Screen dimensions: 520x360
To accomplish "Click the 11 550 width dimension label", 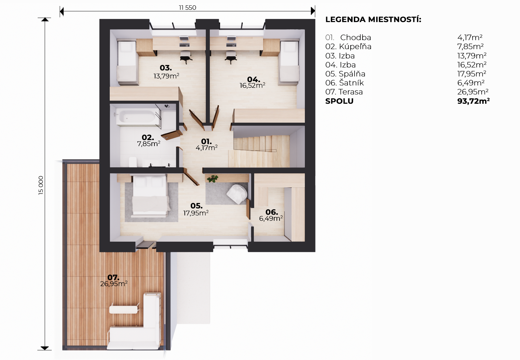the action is [x=187, y=8].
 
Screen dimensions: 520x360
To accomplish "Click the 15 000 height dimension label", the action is [x=41, y=185].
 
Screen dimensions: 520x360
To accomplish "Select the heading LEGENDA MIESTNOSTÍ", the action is [x=373, y=19].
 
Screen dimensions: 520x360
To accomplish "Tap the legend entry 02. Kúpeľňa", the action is [x=348, y=47].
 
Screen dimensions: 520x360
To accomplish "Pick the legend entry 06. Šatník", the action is [x=345, y=83].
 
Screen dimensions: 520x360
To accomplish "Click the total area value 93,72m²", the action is [x=473, y=101].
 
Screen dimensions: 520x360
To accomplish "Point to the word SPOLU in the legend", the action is [x=340, y=101].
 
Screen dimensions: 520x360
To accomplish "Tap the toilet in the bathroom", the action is [x=133, y=162].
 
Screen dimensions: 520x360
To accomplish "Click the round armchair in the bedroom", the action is [x=237, y=194].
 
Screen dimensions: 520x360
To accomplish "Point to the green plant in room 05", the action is [x=212, y=179].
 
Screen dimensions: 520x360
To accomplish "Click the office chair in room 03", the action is [x=186, y=57].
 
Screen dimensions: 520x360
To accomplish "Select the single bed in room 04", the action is [x=289, y=62].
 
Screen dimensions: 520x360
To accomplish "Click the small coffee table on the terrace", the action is [x=124, y=309].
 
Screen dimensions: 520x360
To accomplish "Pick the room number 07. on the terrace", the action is [x=113, y=277].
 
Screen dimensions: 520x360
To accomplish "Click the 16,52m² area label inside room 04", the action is [x=252, y=86].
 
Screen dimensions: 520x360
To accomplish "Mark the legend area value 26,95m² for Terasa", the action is [x=473, y=92].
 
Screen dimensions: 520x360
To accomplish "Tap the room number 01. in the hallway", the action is [x=206, y=141].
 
